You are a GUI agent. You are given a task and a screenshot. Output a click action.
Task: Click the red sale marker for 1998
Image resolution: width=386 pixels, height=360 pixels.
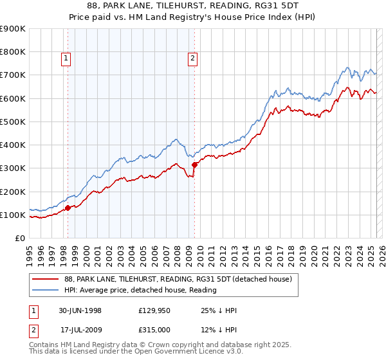pos(68,208)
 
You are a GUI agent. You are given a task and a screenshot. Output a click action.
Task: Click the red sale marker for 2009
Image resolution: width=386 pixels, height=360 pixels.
pos(194,165)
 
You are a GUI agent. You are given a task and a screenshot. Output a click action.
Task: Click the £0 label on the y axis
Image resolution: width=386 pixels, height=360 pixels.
pos(20,239)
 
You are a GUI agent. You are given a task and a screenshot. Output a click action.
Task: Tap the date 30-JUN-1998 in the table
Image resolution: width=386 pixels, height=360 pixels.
pos(80,310)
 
